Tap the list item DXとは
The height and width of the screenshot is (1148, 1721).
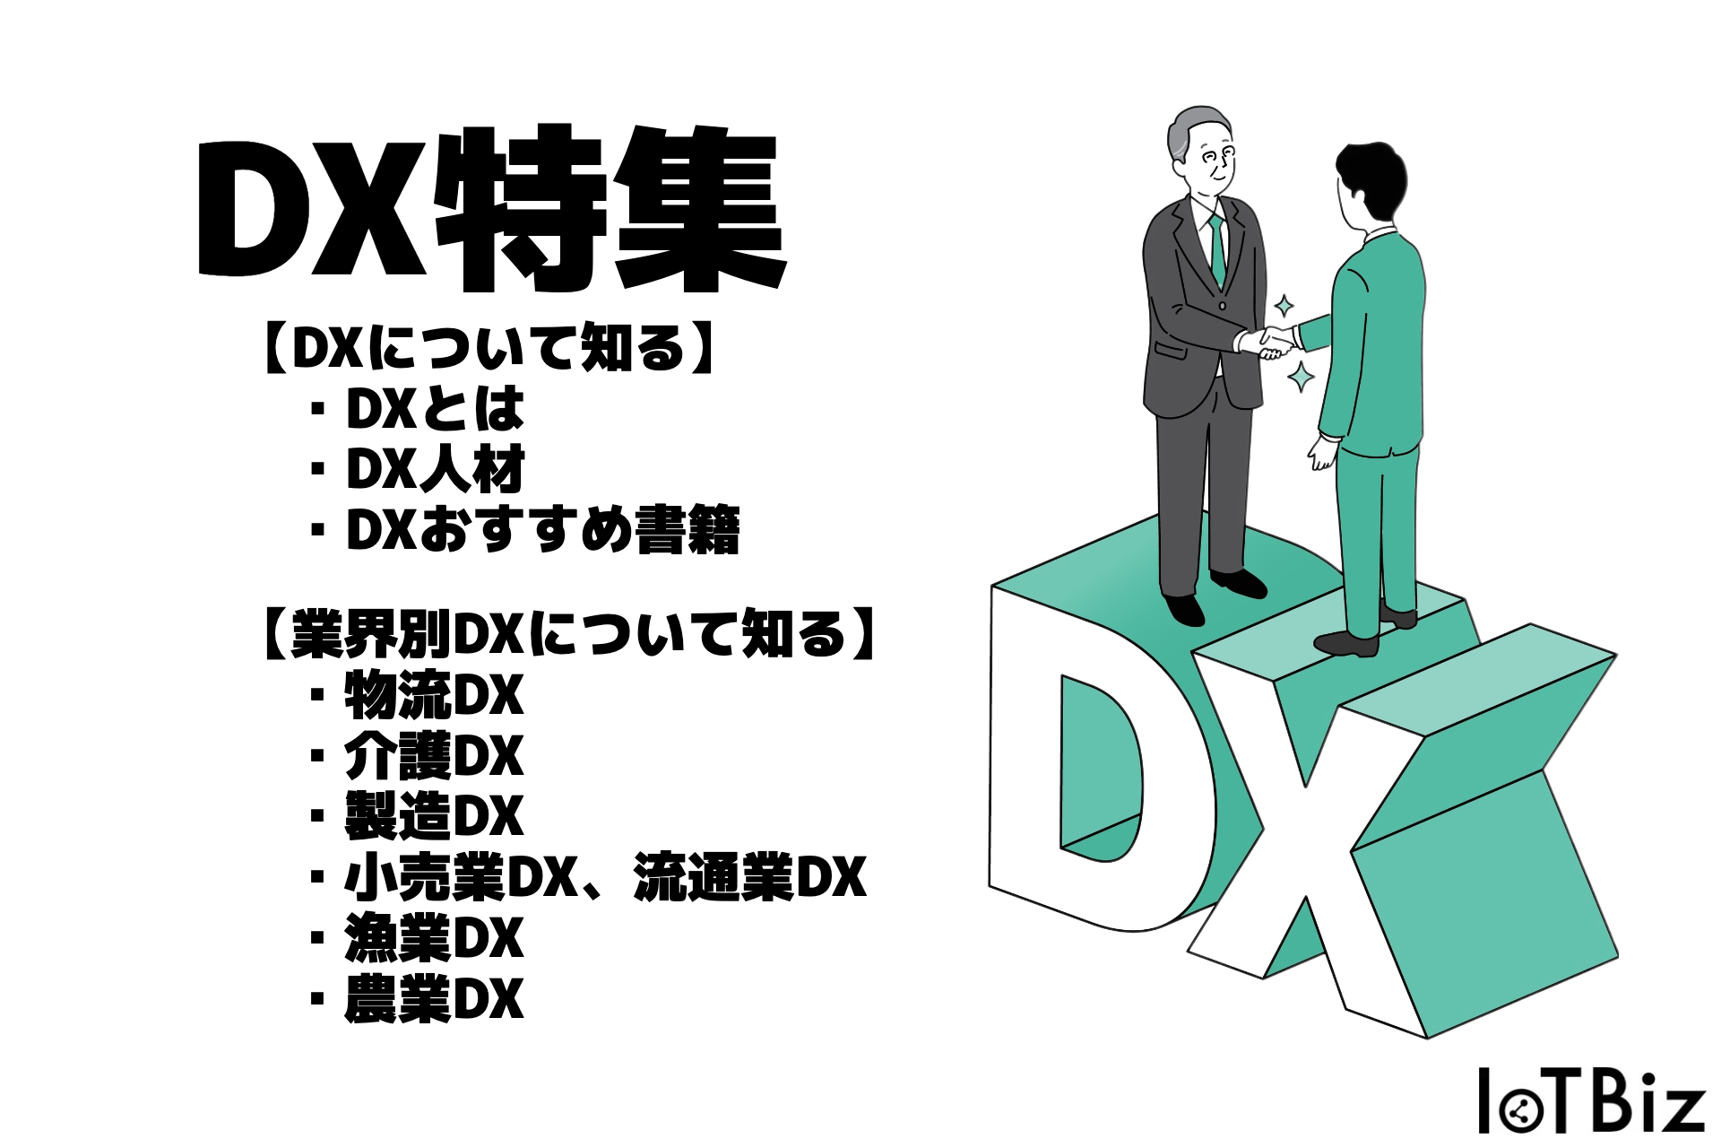(435, 409)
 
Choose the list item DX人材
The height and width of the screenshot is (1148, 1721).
(435, 469)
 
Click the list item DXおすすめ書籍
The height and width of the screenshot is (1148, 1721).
(542, 530)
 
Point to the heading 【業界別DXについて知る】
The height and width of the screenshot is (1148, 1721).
(568, 634)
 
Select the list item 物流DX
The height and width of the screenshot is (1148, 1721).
(433, 695)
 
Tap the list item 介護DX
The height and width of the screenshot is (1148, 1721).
(433, 756)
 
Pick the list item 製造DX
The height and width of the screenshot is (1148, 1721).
(433, 816)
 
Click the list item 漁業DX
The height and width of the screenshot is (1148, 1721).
(433, 938)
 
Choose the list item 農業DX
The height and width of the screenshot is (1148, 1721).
(433, 999)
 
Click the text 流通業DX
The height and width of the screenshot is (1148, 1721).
(749, 877)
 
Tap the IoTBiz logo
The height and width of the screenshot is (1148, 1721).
(1591, 1100)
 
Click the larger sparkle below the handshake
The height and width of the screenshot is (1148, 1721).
(1301, 376)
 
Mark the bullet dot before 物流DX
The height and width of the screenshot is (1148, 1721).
(316, 695)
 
